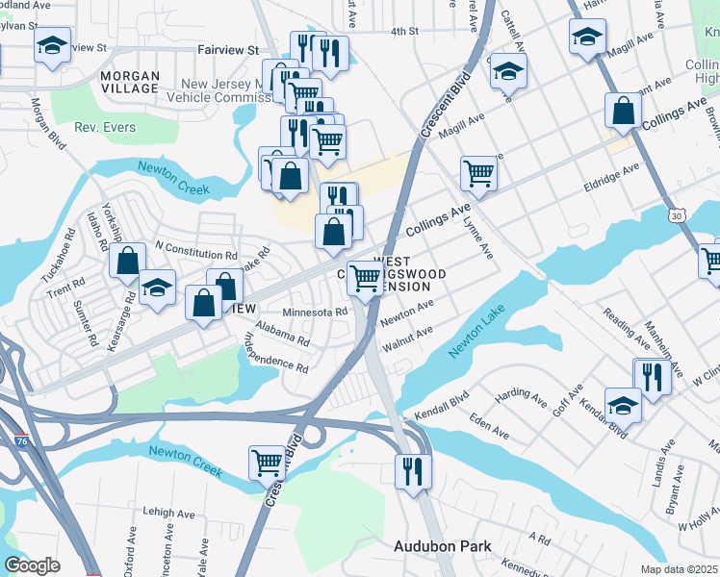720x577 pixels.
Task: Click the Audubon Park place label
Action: pos(442,546)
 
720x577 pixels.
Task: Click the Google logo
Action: pos(32,565)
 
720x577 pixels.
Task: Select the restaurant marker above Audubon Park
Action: pos(413,471)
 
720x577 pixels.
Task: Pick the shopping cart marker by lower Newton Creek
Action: pos(267,463)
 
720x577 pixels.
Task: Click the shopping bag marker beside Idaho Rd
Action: pos(127,261)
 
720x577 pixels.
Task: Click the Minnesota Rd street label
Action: pos(315,313)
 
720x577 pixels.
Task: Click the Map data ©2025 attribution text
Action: pos(679,569)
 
